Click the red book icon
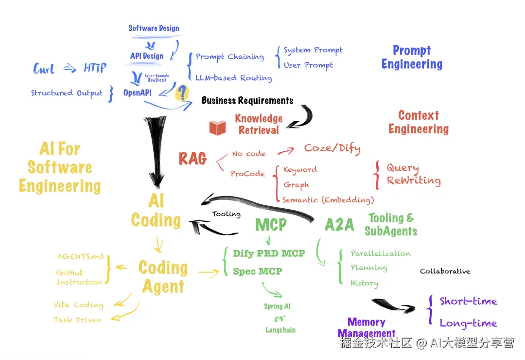pyautogui.click(x=217, y=127)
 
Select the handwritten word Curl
pyautogui.click(x=44, y=69)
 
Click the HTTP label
pyautogui.click(x=95, y=68)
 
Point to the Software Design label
pyautogui.click(x=154, y=28)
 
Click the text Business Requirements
pyautogui.click(x=247, y=101)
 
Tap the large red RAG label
pyautogui.click(x=192, y=159)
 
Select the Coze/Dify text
pyautogui.click(x=332, y=148)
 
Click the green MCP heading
pyautogui.click(x=271, y=225)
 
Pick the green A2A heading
pyautogui.click(x=339, y=225)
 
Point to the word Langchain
pyautogui.click(x=280, y=330)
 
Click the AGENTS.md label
pyautogui.click(x=81, y=256)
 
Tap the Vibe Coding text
pyautogui.click(x=78, y=305)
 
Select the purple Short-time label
pyautogui.click(x=468, y=301)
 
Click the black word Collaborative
pyautogui.click(x=445, y=271)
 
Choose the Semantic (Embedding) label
pyautogui.click(x=328, y=199)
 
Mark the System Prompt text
pyautogui.click(x=313, y=50)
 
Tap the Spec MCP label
pyautogui.click(x=257, y=271)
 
